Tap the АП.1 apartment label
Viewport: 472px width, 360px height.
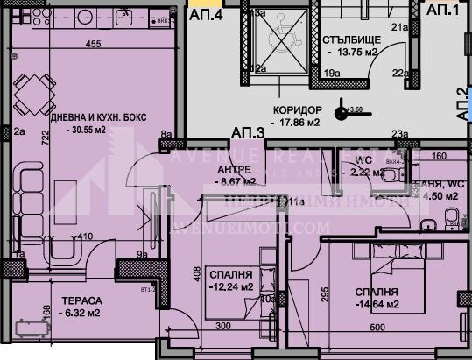(x=442, y=11)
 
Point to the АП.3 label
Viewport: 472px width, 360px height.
(x=249, y=133)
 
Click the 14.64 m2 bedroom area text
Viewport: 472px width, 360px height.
(x=379, y=304)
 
